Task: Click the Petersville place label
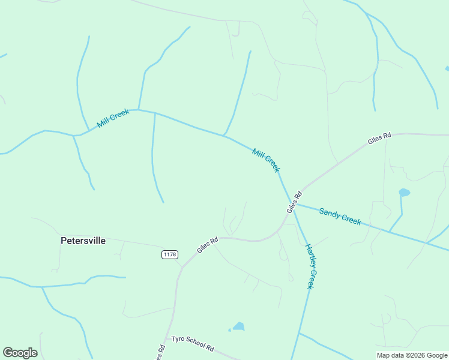pos(83,241)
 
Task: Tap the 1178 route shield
pos(170,255)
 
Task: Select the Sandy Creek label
pos(340,216)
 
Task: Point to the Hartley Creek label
pos(310,266)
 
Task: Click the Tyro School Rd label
pos(192,343)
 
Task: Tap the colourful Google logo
pos(20,353)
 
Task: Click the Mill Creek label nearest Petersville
pos(113,118)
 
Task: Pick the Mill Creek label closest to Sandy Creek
pos(266,160)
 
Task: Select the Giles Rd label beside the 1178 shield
pos(207,244)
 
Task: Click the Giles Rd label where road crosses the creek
pos(294,202)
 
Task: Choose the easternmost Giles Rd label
pos(379,139)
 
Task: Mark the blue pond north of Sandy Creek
pos(404,193)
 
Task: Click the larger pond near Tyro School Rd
pos(239,326)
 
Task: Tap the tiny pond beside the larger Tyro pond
pos(229,329)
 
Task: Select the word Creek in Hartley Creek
pos(312,278)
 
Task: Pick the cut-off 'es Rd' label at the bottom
pos(160,353)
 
